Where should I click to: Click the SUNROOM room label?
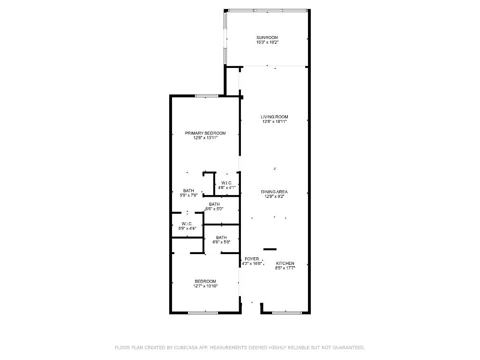point(267,37)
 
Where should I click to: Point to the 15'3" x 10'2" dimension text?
point(267,43)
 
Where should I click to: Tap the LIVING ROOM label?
point(275,117)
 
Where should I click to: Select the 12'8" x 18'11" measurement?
point(275,122)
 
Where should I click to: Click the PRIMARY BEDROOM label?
point(205,133)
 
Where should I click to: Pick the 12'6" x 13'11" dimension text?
point(205,138)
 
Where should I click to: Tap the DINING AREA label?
point(275,192)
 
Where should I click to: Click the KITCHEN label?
point(285,263)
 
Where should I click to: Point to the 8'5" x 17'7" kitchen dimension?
point(285,269)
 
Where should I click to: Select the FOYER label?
point(252,259)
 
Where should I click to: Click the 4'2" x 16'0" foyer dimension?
point(252,264)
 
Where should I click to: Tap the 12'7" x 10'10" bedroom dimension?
point(205,286)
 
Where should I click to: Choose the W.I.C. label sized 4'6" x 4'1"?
point(227,183)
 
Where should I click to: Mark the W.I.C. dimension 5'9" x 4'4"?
point(187,229)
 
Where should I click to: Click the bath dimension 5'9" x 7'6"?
point(188,195)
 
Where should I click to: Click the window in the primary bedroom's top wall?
point(207,96)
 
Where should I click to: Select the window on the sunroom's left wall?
point(225,37)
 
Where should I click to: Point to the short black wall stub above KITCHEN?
point(270,249)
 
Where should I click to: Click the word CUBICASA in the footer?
point(186,348)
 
